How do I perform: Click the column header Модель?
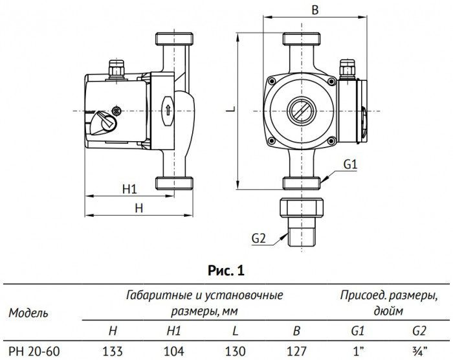pos(27,313)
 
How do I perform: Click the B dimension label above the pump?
pos(315,10)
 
